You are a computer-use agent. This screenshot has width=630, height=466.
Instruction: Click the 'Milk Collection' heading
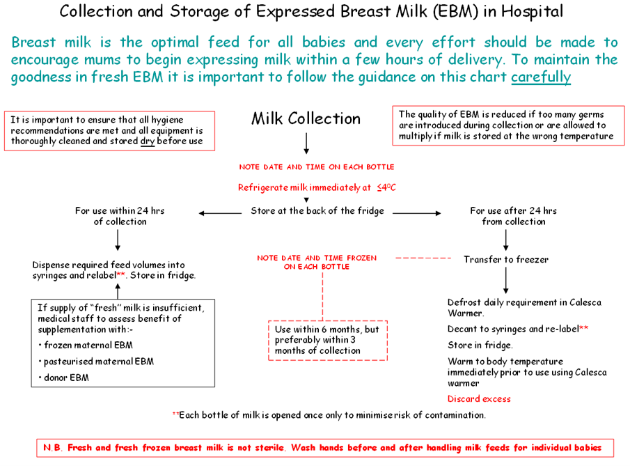pos(306,118)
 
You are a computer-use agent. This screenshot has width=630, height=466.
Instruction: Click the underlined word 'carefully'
pos(540,77)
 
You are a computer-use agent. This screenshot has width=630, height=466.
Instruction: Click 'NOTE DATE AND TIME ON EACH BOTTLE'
pos(317,167)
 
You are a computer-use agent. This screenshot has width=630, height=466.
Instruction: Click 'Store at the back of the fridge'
pos(317,211)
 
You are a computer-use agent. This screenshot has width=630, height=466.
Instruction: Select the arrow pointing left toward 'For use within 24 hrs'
pos(221,212)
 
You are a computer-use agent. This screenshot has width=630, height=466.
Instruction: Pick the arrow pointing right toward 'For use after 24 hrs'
pos(416,212)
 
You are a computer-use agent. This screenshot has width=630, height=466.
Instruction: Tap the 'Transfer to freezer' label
pos(506,259)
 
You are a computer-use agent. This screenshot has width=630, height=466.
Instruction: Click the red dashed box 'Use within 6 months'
pos(328,340)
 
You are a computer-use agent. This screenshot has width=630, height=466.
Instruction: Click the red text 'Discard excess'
pos(479,399)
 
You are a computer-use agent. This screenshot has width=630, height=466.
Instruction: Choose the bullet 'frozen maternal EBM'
pos(88,345)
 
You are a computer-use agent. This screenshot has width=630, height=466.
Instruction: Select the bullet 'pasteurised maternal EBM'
pos(98,362)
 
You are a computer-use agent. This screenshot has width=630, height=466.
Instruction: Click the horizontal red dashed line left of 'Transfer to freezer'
pos(423,258)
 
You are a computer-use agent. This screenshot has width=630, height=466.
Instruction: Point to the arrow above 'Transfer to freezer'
pos(506,239)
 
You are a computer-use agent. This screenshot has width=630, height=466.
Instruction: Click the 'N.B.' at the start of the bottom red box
pos(54,446)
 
